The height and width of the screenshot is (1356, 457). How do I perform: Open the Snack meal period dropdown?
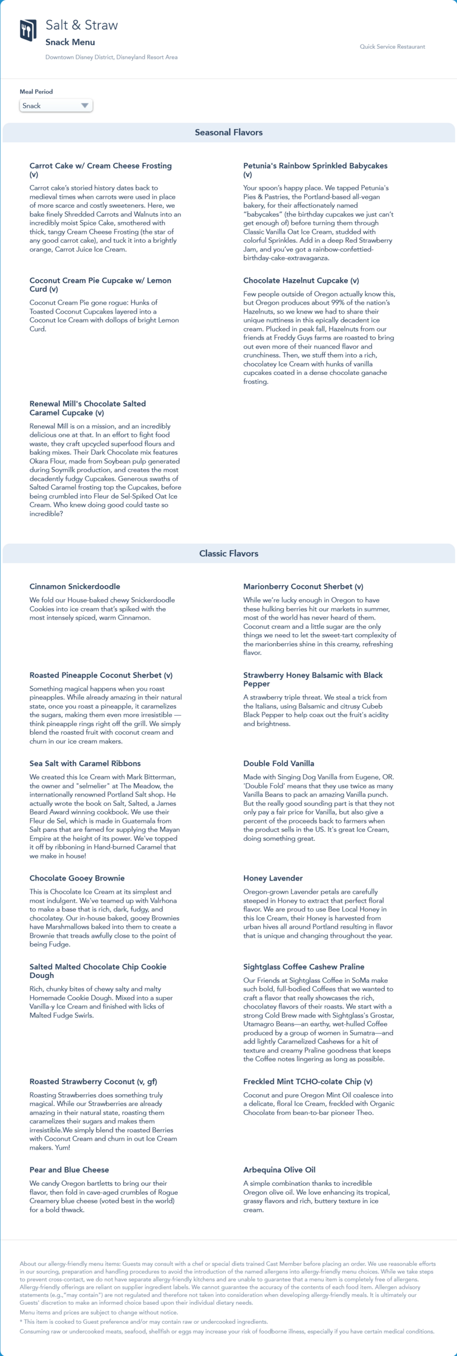click(x=56, y=106)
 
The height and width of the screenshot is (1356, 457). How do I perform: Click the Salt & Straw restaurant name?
click(x=82, y=25)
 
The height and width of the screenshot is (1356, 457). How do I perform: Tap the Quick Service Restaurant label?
click(x=392, y=46)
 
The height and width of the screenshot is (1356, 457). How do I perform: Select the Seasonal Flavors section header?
click(x=228, y=133)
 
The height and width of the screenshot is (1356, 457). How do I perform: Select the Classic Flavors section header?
click(x=228, y=553)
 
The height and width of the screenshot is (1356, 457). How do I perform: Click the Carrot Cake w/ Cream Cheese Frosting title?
click(x=100, y=166)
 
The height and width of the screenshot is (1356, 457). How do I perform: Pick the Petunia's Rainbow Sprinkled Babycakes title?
click(x=315, y=166)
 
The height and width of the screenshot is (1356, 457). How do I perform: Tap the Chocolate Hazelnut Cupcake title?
click(x=301, y=280)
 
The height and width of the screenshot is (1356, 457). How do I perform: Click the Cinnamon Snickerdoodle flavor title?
click(x=74, y=587)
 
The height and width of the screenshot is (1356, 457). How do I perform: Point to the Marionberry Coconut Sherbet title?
click(x=303, y=587)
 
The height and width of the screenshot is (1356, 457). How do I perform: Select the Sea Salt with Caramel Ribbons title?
click(x=84, y=763)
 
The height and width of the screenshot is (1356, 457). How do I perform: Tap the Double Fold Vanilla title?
click(x=278, y=763)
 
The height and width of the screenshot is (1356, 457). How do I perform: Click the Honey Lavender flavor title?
click(x=273, y=878)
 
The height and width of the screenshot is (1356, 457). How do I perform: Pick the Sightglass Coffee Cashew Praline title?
click(x=303, y=967)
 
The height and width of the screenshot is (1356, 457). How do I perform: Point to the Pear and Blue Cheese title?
click(x=69, y=1170)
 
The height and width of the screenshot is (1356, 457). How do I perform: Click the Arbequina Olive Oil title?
click(x=279, y=1170)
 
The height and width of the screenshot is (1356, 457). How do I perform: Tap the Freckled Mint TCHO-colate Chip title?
click(x=307, y=1082)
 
